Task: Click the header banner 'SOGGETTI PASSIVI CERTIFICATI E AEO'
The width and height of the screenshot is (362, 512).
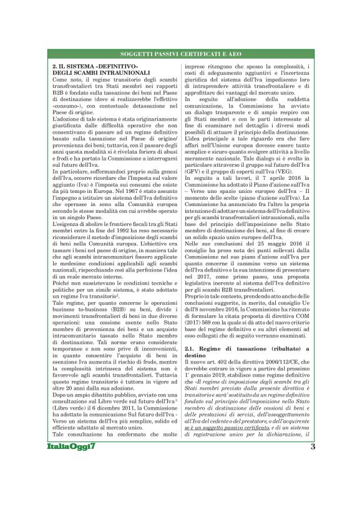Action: (181, 55)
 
